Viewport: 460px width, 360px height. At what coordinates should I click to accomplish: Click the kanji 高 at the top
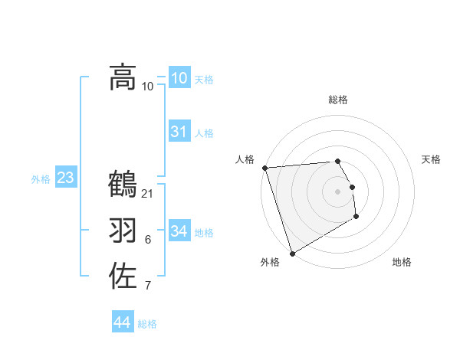click(x=123, y=77)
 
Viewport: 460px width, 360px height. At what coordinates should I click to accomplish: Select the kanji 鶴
click(x=123, y=185)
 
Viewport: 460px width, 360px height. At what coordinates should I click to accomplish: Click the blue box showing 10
click(x=179, y=78)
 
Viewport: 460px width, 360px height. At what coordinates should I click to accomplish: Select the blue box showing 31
click(x=179, y=132)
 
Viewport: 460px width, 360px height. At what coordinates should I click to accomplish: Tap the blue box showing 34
click(x=179, y=231)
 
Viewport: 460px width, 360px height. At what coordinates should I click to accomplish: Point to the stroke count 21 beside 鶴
click(x=148, y=193)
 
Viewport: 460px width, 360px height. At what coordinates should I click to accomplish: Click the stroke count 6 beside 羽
click(x=148, y=240)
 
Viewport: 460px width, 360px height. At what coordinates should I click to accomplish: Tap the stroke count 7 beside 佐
click(x=148, y=286)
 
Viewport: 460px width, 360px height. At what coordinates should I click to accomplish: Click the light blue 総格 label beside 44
click(x=147, y=324)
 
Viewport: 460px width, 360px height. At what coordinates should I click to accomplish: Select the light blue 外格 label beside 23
click(x=41, y=179)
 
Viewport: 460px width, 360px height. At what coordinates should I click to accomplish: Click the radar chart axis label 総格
click(x=338, y=100)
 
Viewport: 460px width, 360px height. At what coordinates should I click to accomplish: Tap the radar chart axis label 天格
click(x=432, y=159)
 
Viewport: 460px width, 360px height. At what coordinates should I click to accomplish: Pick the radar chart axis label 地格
click(x=402, y=262)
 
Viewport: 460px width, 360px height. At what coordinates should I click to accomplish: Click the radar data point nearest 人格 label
click(x=264, y=168)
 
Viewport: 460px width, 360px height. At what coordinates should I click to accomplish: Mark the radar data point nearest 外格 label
click(x=292, y=253)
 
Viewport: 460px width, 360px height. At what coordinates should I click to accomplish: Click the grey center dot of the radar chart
click(x=338, y=191)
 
